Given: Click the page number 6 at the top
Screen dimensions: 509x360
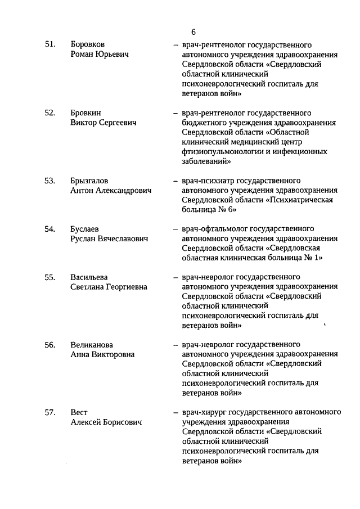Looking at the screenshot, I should [x=193, y=31].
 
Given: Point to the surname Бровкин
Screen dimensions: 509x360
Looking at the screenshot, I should [x=85, y=112].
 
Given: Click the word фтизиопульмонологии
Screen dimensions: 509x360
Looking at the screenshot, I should [x=222, y=151].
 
